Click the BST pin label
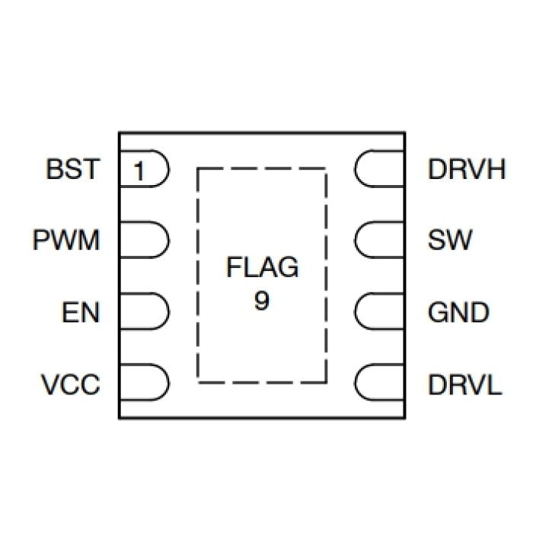point(73,169)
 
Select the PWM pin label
point(66,241)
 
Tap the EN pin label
point(81,312)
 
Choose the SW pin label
point(450,241)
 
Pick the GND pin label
point(458,312)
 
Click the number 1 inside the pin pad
point(138,171)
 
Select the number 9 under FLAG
point(262,301)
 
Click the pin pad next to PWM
point(143,241)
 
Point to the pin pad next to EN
point(143,312)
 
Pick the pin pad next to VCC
point(143,384)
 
